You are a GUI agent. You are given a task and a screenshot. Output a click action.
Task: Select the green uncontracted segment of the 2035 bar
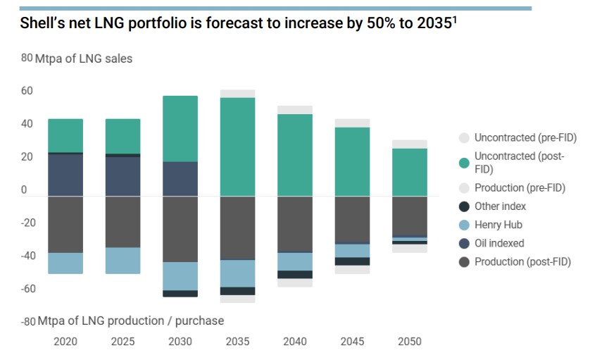coord(237,147)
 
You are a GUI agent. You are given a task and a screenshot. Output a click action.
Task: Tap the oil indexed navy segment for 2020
coord(65,175)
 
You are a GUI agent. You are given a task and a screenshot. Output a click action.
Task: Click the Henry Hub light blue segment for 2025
coord(123,261)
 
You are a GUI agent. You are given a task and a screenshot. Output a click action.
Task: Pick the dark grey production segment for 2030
coord(180,229)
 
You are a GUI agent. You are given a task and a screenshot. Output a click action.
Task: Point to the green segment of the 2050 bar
coord(409,172)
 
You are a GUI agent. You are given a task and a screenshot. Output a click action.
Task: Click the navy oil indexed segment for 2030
coord(180,179)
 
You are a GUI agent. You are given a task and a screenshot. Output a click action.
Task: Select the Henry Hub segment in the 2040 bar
coord(294,261)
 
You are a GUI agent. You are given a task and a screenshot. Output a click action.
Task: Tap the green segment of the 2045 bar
coord(352,161)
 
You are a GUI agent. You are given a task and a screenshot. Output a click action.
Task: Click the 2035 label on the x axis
coord(237,342)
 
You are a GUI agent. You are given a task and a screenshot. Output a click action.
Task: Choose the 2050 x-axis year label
coord(409,342)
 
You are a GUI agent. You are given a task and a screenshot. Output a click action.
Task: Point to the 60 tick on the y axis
coord(27,91)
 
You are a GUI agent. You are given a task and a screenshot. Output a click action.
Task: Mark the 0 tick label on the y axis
coord(25,190)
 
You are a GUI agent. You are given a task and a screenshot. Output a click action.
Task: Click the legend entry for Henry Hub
coord(498,225)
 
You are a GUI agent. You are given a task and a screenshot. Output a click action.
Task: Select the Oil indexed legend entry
coord(498,243)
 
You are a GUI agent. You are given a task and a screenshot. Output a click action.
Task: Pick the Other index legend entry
coord(500,206)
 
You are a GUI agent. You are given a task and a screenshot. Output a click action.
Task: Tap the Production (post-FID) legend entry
coord(522,261)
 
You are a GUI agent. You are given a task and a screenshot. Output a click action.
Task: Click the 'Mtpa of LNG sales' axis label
coord(83,58)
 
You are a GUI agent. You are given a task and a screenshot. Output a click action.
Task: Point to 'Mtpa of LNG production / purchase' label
coord(130,321)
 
